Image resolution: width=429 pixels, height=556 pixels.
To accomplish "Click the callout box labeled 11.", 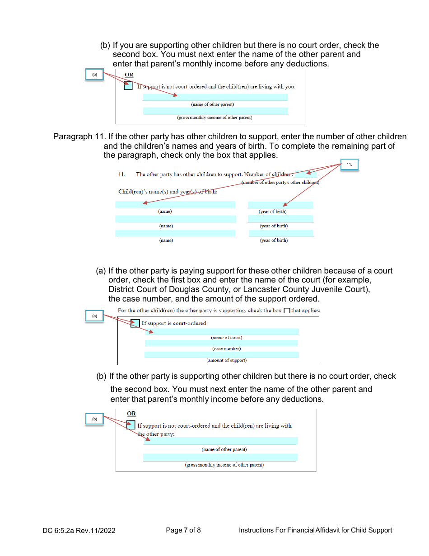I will click(349, 165).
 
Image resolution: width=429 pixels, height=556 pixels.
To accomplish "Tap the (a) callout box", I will click(95, 316).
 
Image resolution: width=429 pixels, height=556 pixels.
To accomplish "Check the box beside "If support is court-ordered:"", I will click(135, 323).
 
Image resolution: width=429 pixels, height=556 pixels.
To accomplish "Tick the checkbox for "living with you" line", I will click(128, 86).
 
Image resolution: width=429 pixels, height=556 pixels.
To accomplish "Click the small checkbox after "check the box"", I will click(287, 311).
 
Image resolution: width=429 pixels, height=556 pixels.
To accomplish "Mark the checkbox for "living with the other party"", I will click(131, 425).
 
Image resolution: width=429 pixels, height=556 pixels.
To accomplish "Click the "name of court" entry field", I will click(221, 331).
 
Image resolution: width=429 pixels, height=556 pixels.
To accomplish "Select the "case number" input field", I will click(221, 343).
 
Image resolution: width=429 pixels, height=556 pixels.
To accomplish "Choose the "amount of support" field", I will click(221, 355).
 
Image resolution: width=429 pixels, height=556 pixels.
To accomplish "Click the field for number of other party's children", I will click(305, 174).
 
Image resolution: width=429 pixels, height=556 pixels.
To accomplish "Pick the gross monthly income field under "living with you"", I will click(215, 111).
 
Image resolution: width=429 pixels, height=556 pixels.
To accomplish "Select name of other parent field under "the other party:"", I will click(220, 441).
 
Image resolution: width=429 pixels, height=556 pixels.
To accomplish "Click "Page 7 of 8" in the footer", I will click(183, 530).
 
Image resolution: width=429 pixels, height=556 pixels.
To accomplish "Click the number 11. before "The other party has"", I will click(121, 174).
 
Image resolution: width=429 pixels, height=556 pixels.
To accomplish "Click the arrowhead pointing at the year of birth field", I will click(285, 205).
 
